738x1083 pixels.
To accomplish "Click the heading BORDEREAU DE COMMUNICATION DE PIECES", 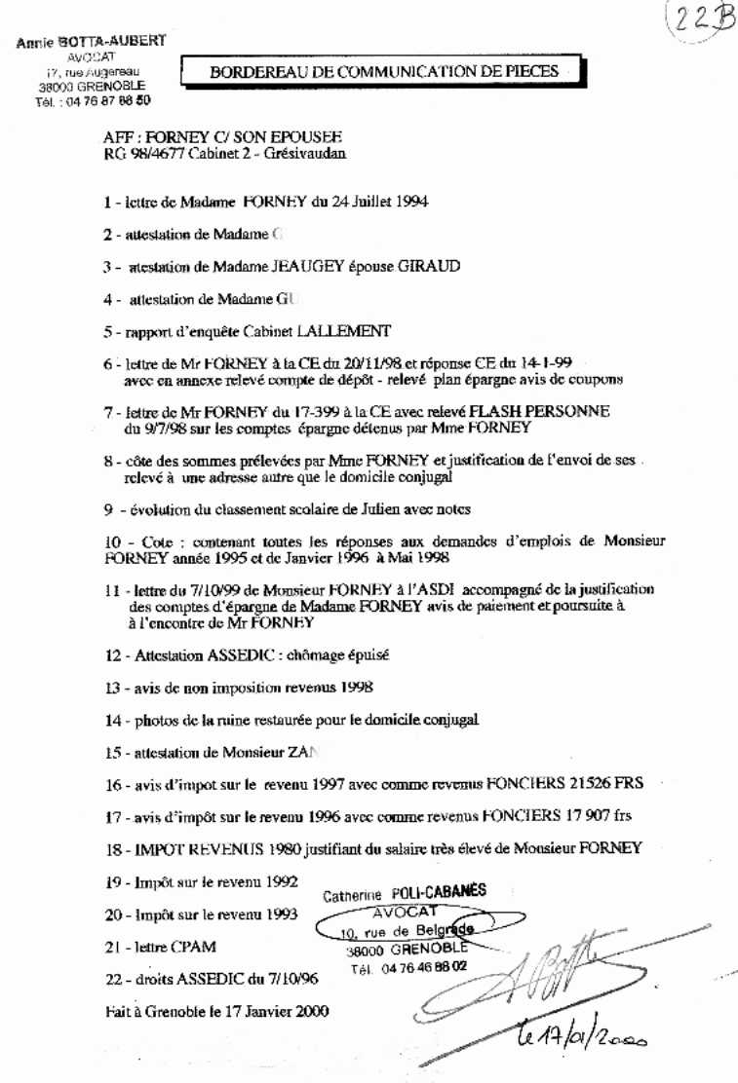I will (384, 71).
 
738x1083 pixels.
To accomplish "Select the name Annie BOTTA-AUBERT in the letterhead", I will (91, 41).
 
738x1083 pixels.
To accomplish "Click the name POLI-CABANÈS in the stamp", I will (438, 891).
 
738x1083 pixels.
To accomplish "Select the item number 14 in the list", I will (111, 720).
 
